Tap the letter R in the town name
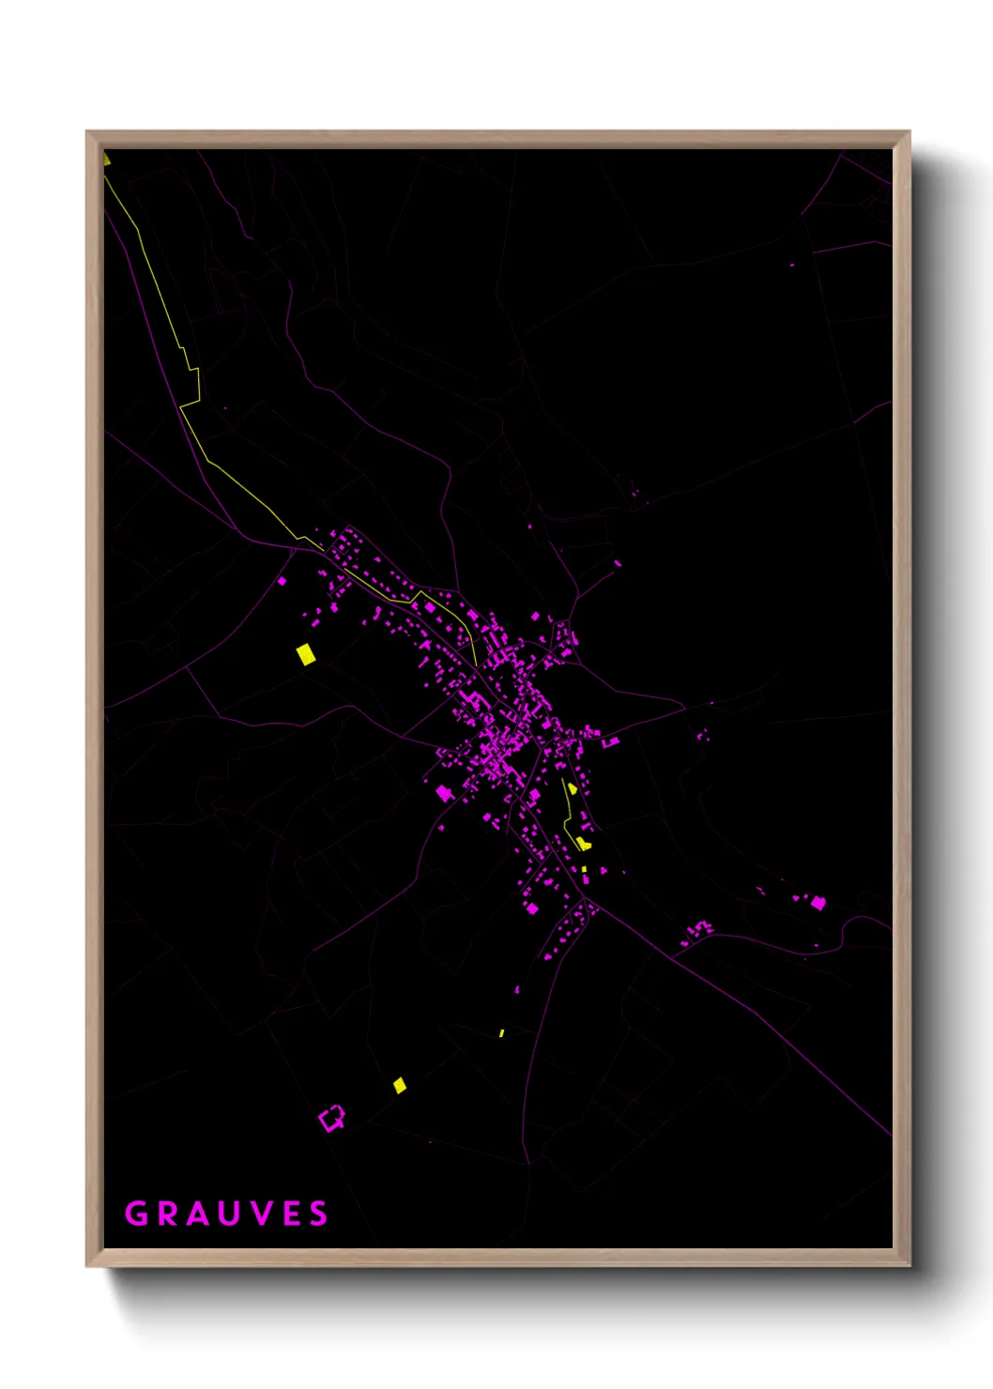[x=168, y=1213]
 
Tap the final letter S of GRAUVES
[x=320, y=1213]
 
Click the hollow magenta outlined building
[x=331, y=1118]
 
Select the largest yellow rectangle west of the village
[x=306, y=653]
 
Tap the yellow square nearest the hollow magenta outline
[x=400, y=1086]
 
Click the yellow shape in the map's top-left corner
[x=107, y=159]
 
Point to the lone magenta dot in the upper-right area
[x=792, y=265]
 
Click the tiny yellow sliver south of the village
[x=502, y=1032]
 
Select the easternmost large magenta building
[x=818, y=903]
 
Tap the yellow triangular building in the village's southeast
[x=572, y=788]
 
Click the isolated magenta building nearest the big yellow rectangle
[x=282, y=581]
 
